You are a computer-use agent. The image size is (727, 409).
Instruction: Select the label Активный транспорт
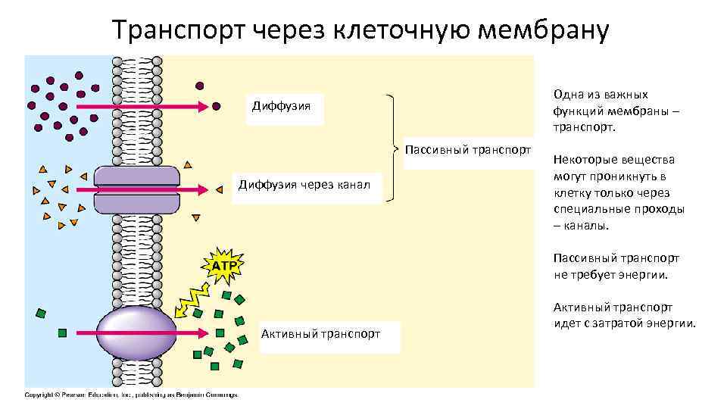click(x=320, y=333)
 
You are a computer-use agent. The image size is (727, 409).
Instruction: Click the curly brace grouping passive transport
click(x=392, y=148)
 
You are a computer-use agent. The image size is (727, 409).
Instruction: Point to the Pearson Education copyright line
click(x=132, y=395)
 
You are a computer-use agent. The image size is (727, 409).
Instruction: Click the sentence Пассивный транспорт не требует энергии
click(x=616, y=267)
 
